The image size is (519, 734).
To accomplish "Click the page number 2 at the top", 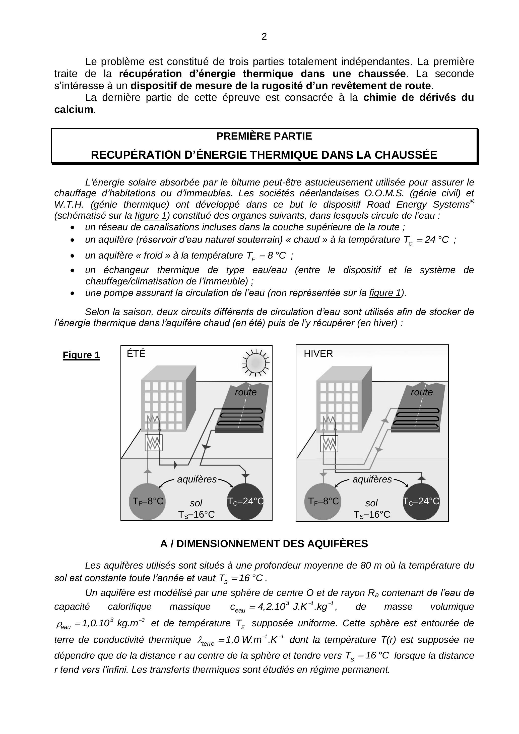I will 264,37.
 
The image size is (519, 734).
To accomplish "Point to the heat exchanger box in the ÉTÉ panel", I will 154,443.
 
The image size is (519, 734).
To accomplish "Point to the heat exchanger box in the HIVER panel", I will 329,444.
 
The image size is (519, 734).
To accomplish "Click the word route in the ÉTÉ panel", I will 245,392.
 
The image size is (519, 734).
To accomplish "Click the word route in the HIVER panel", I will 422,392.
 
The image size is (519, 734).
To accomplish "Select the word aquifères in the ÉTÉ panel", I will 197,479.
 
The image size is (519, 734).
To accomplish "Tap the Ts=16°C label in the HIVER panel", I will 372,514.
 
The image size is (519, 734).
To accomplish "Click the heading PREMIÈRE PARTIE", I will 264,136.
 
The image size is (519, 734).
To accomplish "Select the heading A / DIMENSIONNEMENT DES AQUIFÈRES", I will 264,544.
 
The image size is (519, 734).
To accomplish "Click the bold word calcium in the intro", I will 74,110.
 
